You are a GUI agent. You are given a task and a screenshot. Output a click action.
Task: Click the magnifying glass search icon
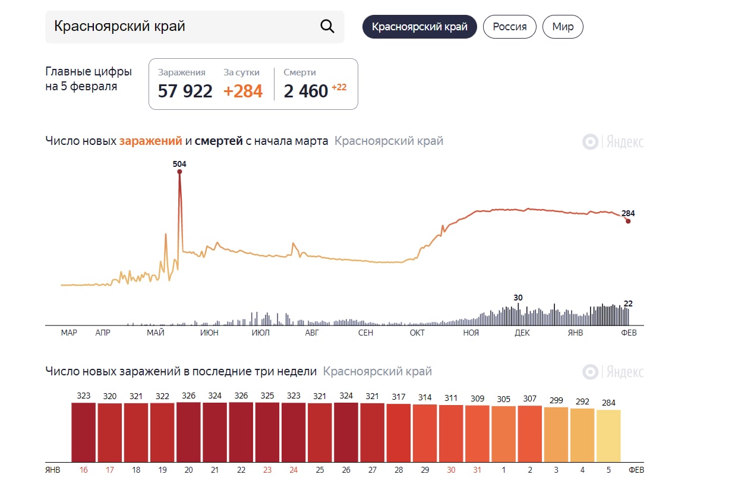click(327, 27)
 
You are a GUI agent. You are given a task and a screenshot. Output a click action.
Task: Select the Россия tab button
click(509, 27)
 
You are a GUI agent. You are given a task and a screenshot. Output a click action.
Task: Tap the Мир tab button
click(563, 27)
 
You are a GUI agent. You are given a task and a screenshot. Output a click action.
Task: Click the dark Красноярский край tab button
click(419, 27)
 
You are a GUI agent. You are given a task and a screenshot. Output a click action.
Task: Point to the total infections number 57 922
click(185, 91)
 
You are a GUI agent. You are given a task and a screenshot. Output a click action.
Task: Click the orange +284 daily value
click(243, 91)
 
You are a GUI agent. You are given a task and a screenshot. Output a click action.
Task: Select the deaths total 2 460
click(306, 91)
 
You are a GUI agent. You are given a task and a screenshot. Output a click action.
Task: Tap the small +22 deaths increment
click(339, 87)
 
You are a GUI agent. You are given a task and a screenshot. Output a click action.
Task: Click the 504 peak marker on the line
click(179, 172)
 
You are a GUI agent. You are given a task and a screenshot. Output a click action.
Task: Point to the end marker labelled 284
click(628, 221)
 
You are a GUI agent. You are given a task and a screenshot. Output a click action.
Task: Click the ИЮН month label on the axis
click(209, 333)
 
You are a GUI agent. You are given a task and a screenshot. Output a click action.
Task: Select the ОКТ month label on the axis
click(417, 333)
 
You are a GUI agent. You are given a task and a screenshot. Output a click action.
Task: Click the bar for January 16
click(83, 432)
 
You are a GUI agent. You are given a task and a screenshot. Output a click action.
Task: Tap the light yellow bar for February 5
click(608, 435)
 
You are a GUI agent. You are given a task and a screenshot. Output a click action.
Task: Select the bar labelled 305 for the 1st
click(503, 434)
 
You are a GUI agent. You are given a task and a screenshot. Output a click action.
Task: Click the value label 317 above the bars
click(399, 397)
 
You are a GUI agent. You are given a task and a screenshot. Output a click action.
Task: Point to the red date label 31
click(477, 470)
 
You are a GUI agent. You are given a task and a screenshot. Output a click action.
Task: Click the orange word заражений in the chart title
click(150, 141)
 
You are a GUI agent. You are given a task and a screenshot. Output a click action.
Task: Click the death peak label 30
click(518, 298)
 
